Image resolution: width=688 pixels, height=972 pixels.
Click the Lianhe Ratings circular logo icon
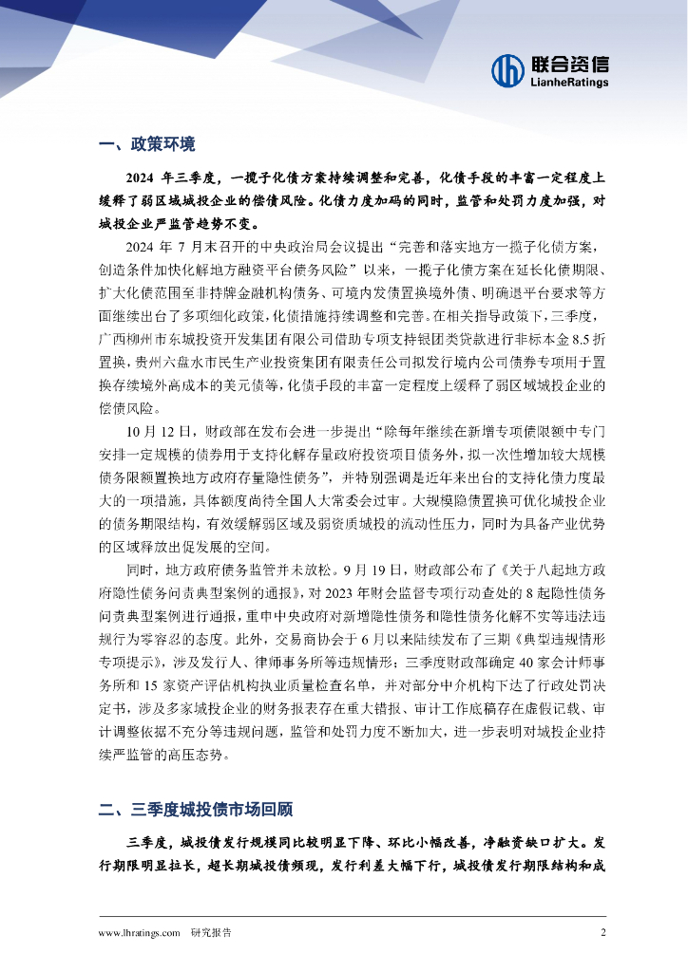pyautogui.click(x=507, y=70)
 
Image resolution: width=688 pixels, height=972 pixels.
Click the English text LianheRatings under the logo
pyautogui.click(x=567, y=84)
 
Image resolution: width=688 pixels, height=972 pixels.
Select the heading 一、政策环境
pyautogui.click(x=146, y=144)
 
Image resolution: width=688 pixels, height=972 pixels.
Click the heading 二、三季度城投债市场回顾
pyautogui.click(x=195, y=810)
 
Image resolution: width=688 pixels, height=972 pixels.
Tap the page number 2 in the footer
pyautogui.click(x=602, y=932)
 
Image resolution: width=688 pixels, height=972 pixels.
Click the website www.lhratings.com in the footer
pyautogui.click(x=139, y=932)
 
